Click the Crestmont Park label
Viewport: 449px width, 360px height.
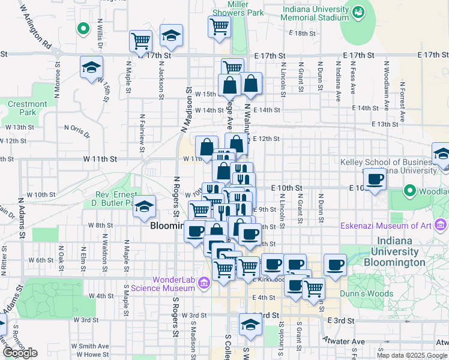tap(28, 108)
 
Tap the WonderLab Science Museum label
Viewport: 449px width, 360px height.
tap(174, 283)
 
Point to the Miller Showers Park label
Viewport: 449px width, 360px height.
tap(238, 8)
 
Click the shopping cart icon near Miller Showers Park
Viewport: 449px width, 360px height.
tap(219, 26)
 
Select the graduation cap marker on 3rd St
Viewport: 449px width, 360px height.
tap(250, 325)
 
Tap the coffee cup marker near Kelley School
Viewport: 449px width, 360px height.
tap(375, 179)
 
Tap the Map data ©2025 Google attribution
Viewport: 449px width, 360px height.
tap(412, 355)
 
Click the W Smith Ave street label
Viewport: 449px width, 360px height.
tap(90, 346)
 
